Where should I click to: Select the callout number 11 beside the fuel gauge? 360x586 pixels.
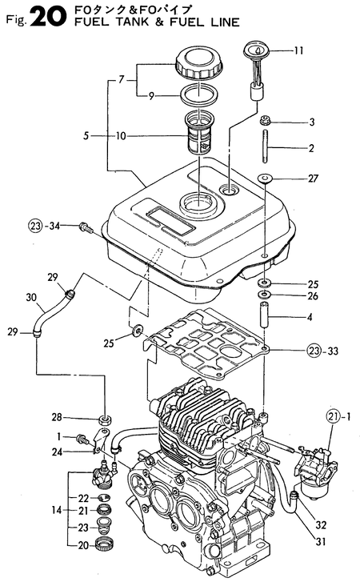tap(298, 52)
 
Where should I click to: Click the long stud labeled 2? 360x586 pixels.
tap(264, 149)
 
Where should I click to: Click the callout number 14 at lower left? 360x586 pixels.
tap(57, 510)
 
